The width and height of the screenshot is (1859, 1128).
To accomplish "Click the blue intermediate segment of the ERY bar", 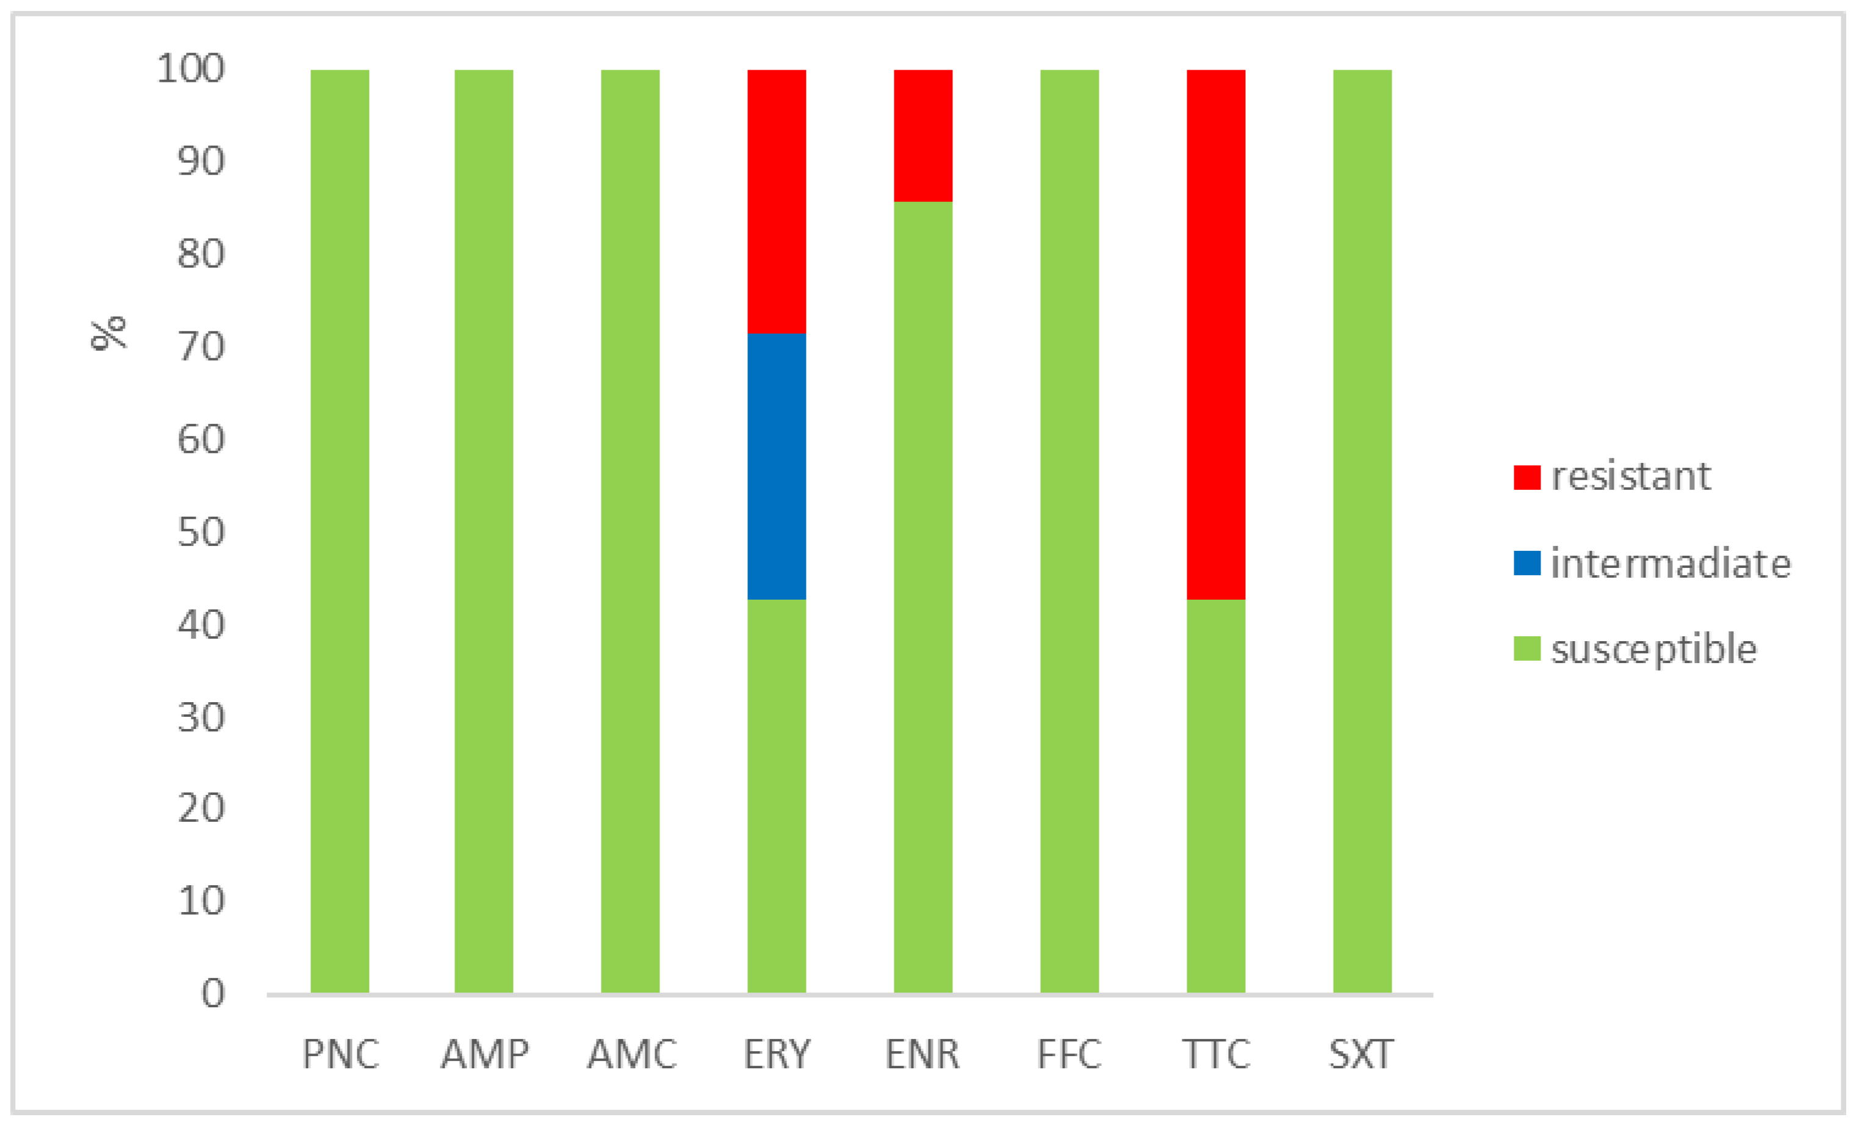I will [776, 466].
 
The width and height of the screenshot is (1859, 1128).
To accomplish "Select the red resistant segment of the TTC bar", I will [1215, 334].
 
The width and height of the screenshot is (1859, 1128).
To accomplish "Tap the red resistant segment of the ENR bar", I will [922, 136].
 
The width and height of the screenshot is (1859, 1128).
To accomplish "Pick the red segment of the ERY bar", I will [776, 201].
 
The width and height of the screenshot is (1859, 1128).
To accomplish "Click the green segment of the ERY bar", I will [776, 796].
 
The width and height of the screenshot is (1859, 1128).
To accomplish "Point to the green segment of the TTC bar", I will [1215, 796].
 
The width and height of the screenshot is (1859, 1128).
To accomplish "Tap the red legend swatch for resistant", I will [1526, 477].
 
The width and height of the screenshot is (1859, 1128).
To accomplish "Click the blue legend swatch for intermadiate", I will [1526, 563].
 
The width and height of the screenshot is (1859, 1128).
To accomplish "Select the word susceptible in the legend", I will [1653, 649].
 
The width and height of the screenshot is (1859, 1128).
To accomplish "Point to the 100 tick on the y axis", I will [190, 69].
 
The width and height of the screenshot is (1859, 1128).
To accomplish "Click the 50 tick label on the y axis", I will [201, 533].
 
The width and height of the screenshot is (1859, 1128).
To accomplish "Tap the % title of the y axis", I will [109, 332].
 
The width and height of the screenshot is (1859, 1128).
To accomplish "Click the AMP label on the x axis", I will [484, 1054].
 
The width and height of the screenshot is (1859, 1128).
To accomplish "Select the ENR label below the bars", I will [922, 1054].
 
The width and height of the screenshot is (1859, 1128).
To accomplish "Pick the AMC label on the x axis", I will [631, 1054].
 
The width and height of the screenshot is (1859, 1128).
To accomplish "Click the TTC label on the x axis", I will [1215, 1054].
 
